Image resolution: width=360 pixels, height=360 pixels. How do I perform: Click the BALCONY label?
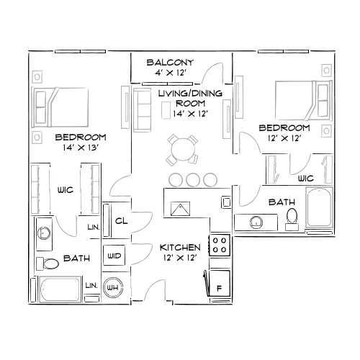(170, 63)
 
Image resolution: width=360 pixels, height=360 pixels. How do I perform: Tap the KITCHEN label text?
(180, 248)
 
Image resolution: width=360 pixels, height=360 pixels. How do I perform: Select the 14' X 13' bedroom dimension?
(81, 148)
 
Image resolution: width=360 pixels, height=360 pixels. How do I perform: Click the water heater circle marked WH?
(113, 287)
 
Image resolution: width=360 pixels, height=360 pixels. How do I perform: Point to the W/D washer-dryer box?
(114, 255)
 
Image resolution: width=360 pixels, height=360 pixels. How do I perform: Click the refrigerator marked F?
(220, 283)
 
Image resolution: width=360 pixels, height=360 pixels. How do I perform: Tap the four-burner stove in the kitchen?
(220, 245)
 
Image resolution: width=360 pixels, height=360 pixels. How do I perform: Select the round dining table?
(183, 150)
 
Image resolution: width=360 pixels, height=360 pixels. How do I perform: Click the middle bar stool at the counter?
(193, 179)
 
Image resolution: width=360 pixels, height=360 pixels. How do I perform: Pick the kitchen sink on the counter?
(180, 208)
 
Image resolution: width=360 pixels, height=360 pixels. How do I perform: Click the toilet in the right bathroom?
(292, 220)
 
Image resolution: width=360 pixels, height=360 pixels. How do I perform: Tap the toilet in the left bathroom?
(48, 264)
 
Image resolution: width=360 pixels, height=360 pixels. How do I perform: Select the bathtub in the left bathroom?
(60, 289)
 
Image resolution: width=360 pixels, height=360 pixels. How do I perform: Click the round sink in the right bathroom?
(256, 222)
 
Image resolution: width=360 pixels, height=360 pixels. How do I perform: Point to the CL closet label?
(122, 221)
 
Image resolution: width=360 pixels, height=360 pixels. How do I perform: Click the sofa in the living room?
(143, 110)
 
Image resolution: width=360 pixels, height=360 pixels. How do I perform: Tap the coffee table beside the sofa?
(166, 110)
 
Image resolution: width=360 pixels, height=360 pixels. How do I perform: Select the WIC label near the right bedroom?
(306, 179)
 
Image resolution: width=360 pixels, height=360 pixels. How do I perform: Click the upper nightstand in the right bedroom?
(326, 71)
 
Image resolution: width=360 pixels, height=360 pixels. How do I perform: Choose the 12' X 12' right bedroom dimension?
(284, 138)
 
